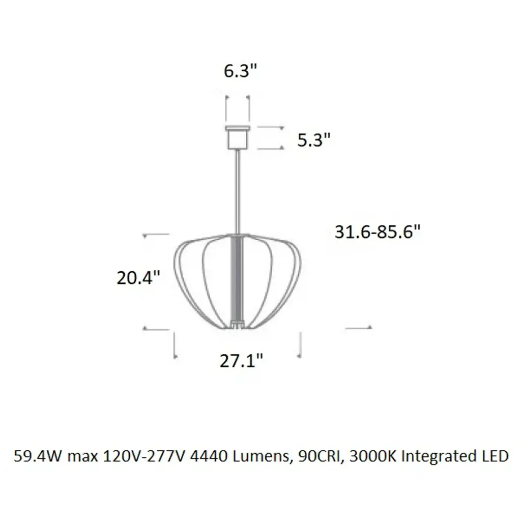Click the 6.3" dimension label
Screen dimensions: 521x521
click(x=240, y=71)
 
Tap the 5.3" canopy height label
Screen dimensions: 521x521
click(x=313, y=140)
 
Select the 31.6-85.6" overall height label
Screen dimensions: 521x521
click(x=378, y=231)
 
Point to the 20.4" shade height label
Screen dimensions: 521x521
click(x=138, y=278)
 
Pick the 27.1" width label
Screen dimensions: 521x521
click(x=241, y=361)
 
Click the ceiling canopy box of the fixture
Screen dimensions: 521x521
click(x=238, y=137)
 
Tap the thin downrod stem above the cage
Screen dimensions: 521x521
click(x=238, y=191)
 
